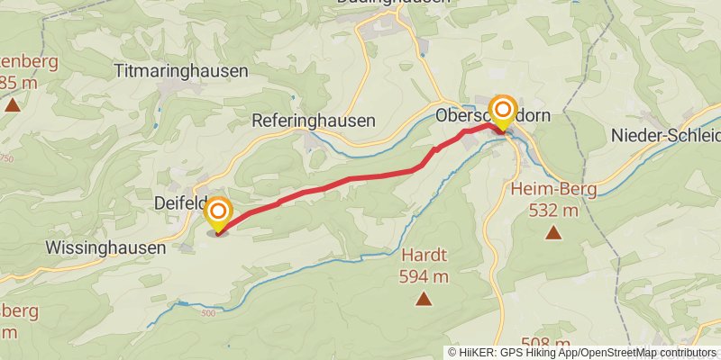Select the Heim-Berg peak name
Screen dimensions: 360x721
(543, 190)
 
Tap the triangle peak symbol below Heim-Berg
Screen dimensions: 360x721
(552, 233)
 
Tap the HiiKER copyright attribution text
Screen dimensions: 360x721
(581, 352)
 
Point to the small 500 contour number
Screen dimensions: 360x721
(209, 313)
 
